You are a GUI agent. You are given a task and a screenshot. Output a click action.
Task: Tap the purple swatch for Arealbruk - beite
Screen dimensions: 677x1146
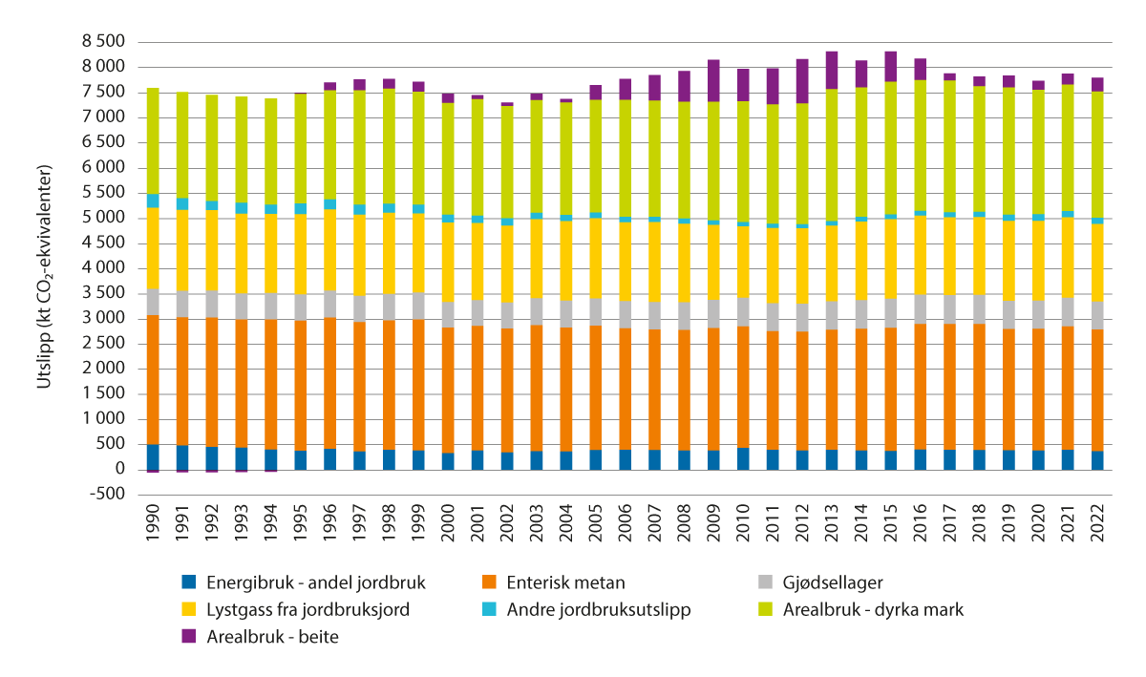click(190, 637)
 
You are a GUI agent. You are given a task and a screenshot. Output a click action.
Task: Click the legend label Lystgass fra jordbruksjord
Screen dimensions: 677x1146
click(302, 609)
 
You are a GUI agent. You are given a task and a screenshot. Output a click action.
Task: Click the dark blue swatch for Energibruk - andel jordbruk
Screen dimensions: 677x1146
click(190, 582)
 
